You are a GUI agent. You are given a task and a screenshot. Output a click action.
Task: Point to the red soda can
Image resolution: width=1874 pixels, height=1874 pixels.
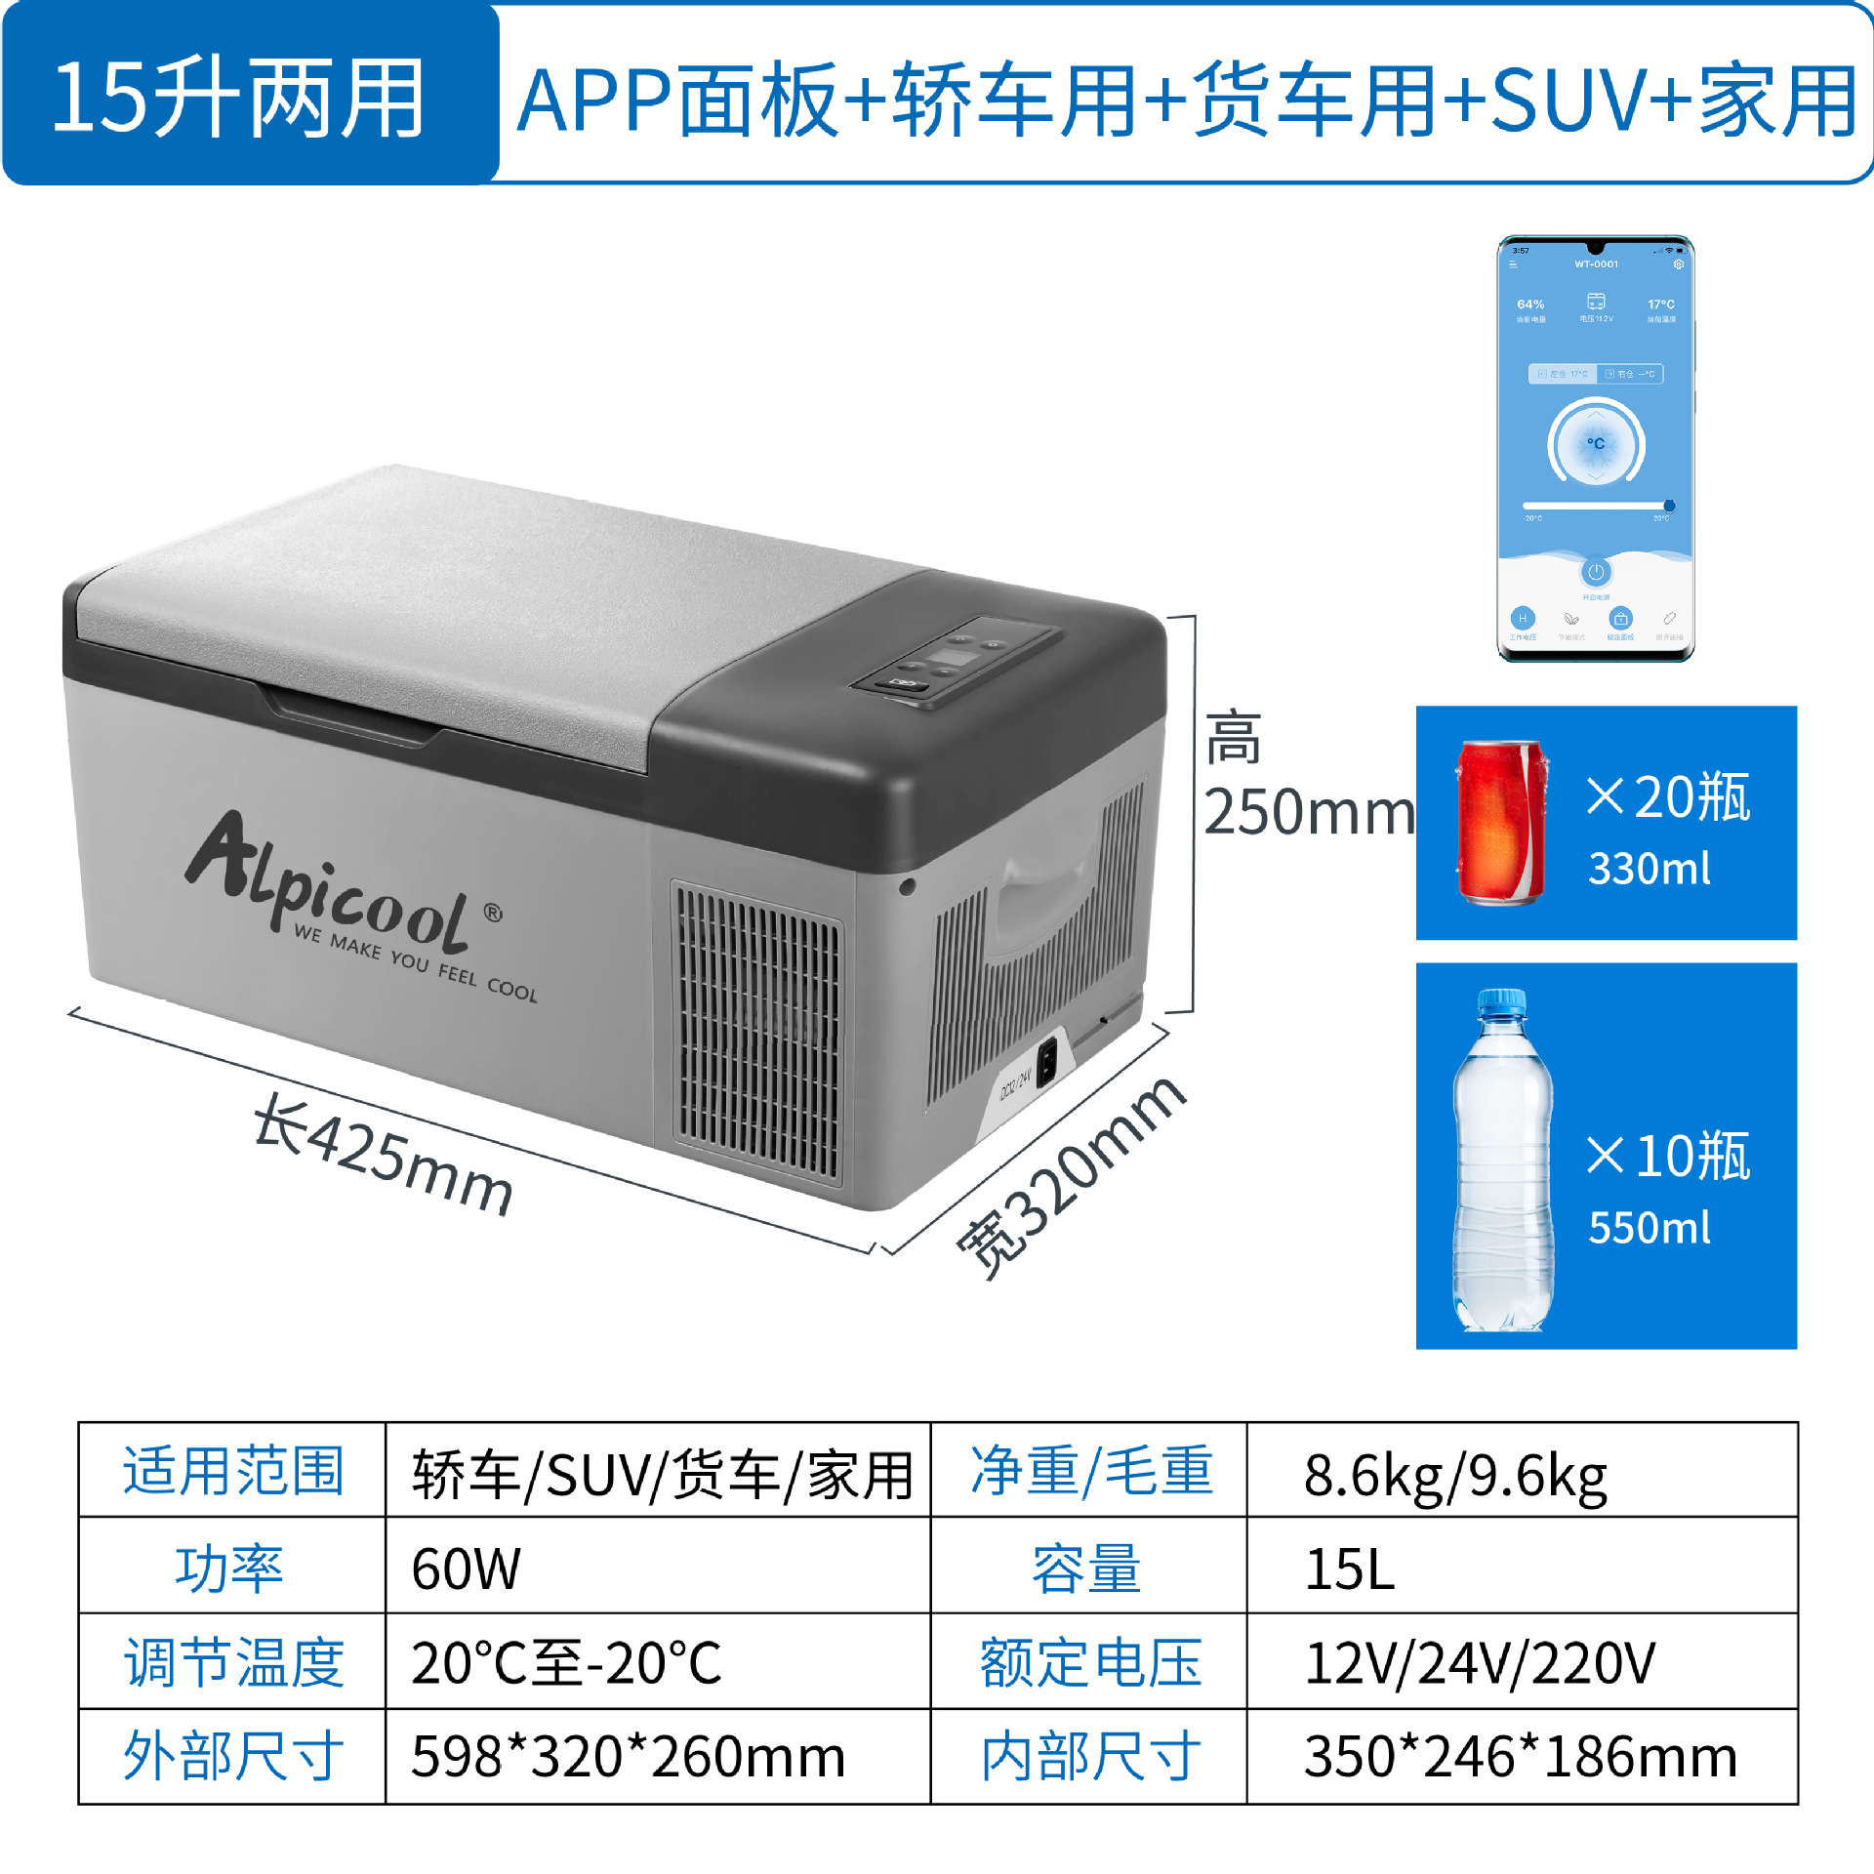point(1501,823)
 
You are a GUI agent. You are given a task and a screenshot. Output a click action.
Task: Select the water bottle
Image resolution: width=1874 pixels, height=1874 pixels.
point(1502,1161)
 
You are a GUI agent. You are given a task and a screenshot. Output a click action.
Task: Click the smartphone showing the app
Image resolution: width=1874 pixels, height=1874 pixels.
point(1595,449)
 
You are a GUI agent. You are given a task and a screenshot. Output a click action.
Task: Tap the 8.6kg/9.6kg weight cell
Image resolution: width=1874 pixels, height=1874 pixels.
point(1454,1475)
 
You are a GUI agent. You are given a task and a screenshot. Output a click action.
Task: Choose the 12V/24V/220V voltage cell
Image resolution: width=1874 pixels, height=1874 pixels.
point(1479,1662)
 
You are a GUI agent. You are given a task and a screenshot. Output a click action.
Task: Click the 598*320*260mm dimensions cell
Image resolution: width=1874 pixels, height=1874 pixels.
point(628,1756)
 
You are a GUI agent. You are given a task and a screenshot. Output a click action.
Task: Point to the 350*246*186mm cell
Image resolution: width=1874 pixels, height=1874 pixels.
point(1520,1756)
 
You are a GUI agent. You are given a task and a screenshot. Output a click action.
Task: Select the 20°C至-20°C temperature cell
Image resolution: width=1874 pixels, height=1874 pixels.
point(566,1662)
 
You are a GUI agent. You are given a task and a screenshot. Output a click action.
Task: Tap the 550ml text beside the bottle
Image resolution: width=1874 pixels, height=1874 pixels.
point(1649,1227)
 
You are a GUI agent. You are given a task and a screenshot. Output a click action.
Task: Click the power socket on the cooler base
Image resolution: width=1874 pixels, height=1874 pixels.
point(1046,1063)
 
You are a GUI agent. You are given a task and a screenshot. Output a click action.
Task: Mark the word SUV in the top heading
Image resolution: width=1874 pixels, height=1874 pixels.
point(1570,101)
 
